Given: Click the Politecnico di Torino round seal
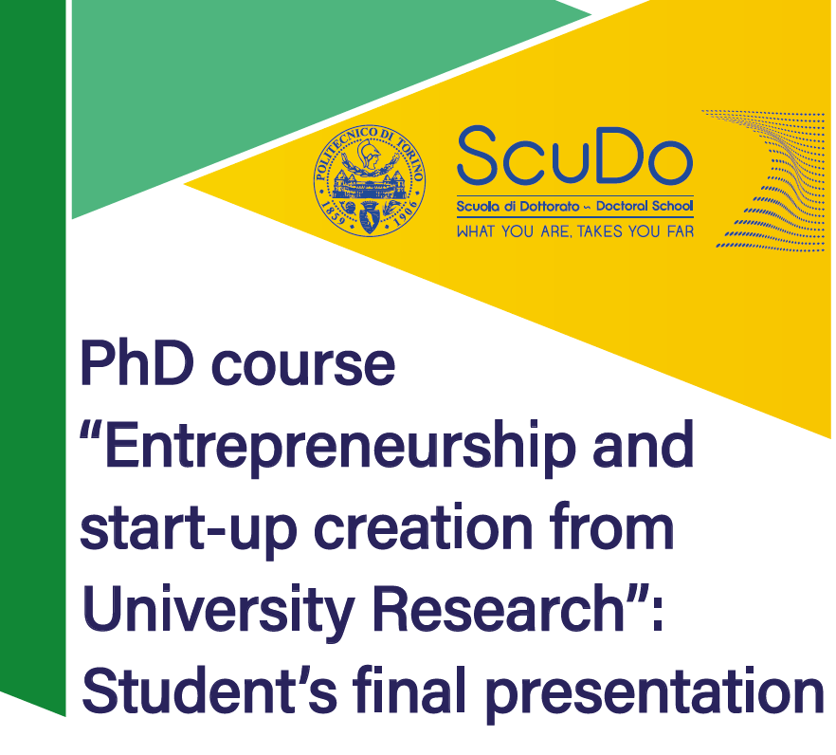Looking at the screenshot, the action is (370, 181).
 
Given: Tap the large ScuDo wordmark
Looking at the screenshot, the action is (574, 156).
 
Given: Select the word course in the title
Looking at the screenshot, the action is (303, 368).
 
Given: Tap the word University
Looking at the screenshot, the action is (218, 610).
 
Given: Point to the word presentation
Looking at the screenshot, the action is (655, 692).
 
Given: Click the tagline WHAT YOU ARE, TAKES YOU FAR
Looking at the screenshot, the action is (575, 231).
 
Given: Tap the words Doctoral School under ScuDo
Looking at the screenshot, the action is (645, 206).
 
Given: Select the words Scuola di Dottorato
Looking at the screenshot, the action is (518, 206).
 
